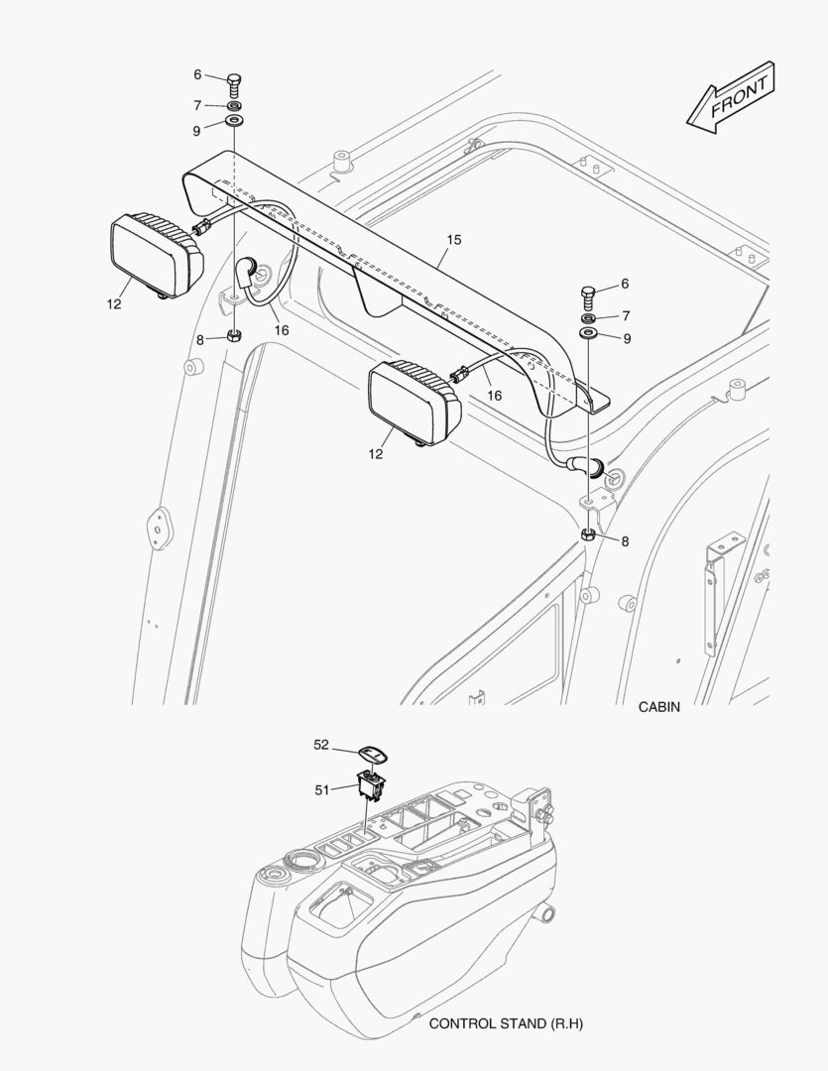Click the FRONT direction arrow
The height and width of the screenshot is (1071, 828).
pos(731,97)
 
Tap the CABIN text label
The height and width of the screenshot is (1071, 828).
pos(659,707)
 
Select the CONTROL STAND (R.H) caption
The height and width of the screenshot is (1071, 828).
pos(506,1022)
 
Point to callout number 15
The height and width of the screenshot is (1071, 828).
pos(454,240)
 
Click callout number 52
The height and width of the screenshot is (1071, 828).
pos(321,744)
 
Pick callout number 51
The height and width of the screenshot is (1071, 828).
pos(321,789)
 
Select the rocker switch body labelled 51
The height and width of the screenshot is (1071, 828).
pos(371,783)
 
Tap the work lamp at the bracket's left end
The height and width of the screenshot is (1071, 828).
pos(155,255)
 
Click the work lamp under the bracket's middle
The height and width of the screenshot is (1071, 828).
pos(413,401)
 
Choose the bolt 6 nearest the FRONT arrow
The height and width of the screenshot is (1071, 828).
pos(589,295)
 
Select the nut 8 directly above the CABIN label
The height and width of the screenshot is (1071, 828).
pos(588,535)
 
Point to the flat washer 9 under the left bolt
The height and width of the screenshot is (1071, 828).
pos(235,121)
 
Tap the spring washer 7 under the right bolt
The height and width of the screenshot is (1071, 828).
pos(589,319)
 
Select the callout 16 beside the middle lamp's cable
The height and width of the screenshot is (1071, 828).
pos(494,396)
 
